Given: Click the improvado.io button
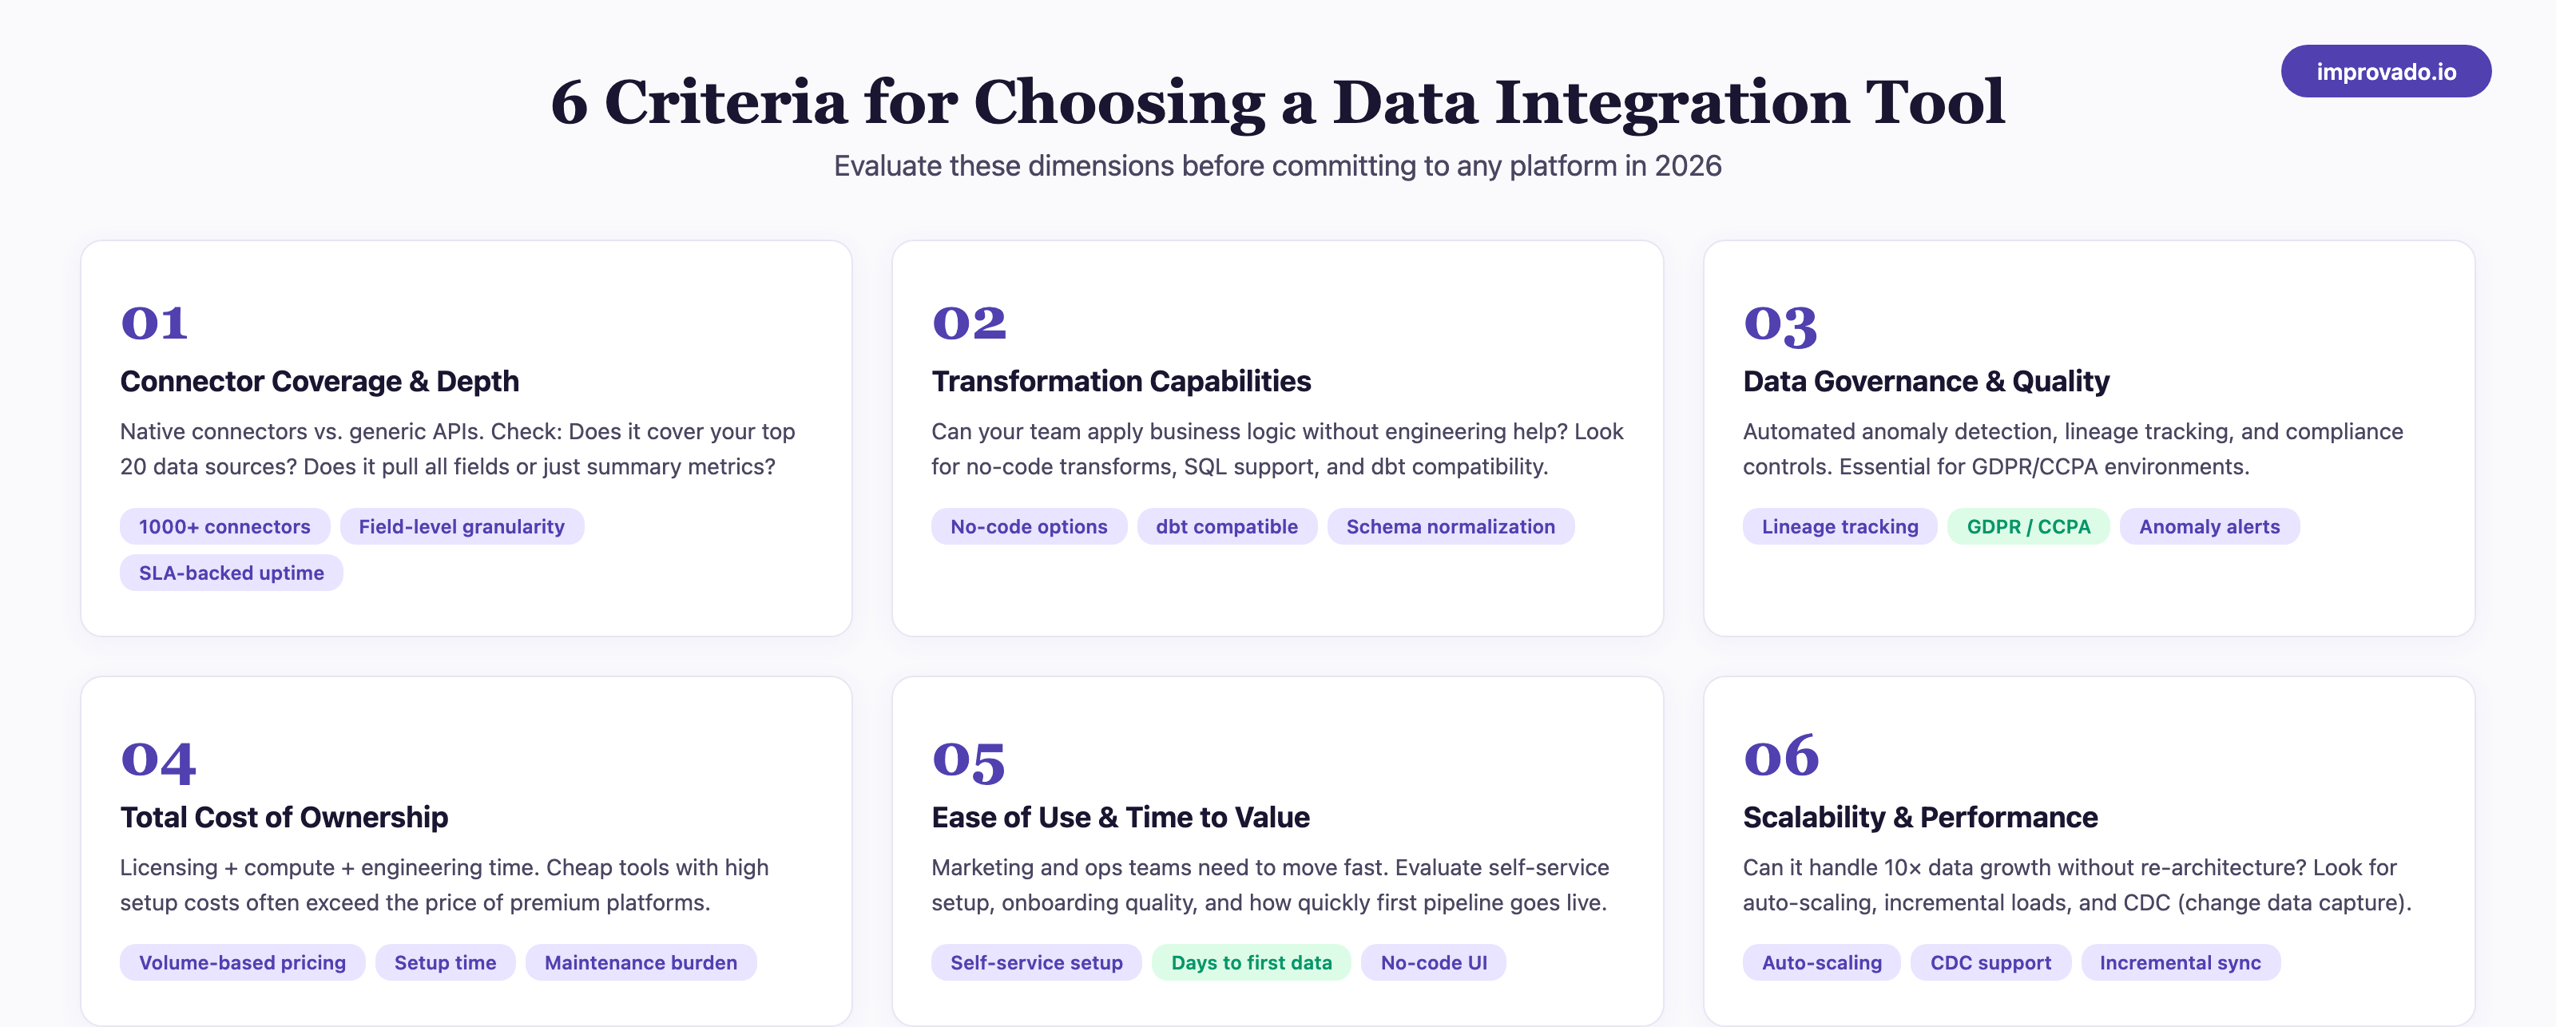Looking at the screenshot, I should [2385, 71].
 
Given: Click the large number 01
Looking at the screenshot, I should [154, 323].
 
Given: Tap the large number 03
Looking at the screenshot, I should [1780, 324].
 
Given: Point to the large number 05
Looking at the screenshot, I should [968, 760].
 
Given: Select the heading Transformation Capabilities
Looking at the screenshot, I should [1120, 381].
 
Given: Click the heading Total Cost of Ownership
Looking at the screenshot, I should [284, 817].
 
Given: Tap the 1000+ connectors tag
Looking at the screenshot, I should [224, 527].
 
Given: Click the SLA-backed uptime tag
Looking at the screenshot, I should [231, 573].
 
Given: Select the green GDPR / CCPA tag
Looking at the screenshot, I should [2027, 527].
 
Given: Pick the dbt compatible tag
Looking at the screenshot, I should [1226, 527].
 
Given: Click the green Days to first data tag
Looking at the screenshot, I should [1250, 962].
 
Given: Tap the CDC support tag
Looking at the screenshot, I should [1990, 962].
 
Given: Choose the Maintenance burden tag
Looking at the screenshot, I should [640, 962].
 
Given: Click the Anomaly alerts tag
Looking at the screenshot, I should [2209, 527].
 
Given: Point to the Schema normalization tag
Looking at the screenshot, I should [1450, 527].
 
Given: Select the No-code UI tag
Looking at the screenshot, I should [1433, 962].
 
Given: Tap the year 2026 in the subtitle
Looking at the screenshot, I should [1687, 165].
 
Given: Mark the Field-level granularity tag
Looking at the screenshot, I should [462, 527].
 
